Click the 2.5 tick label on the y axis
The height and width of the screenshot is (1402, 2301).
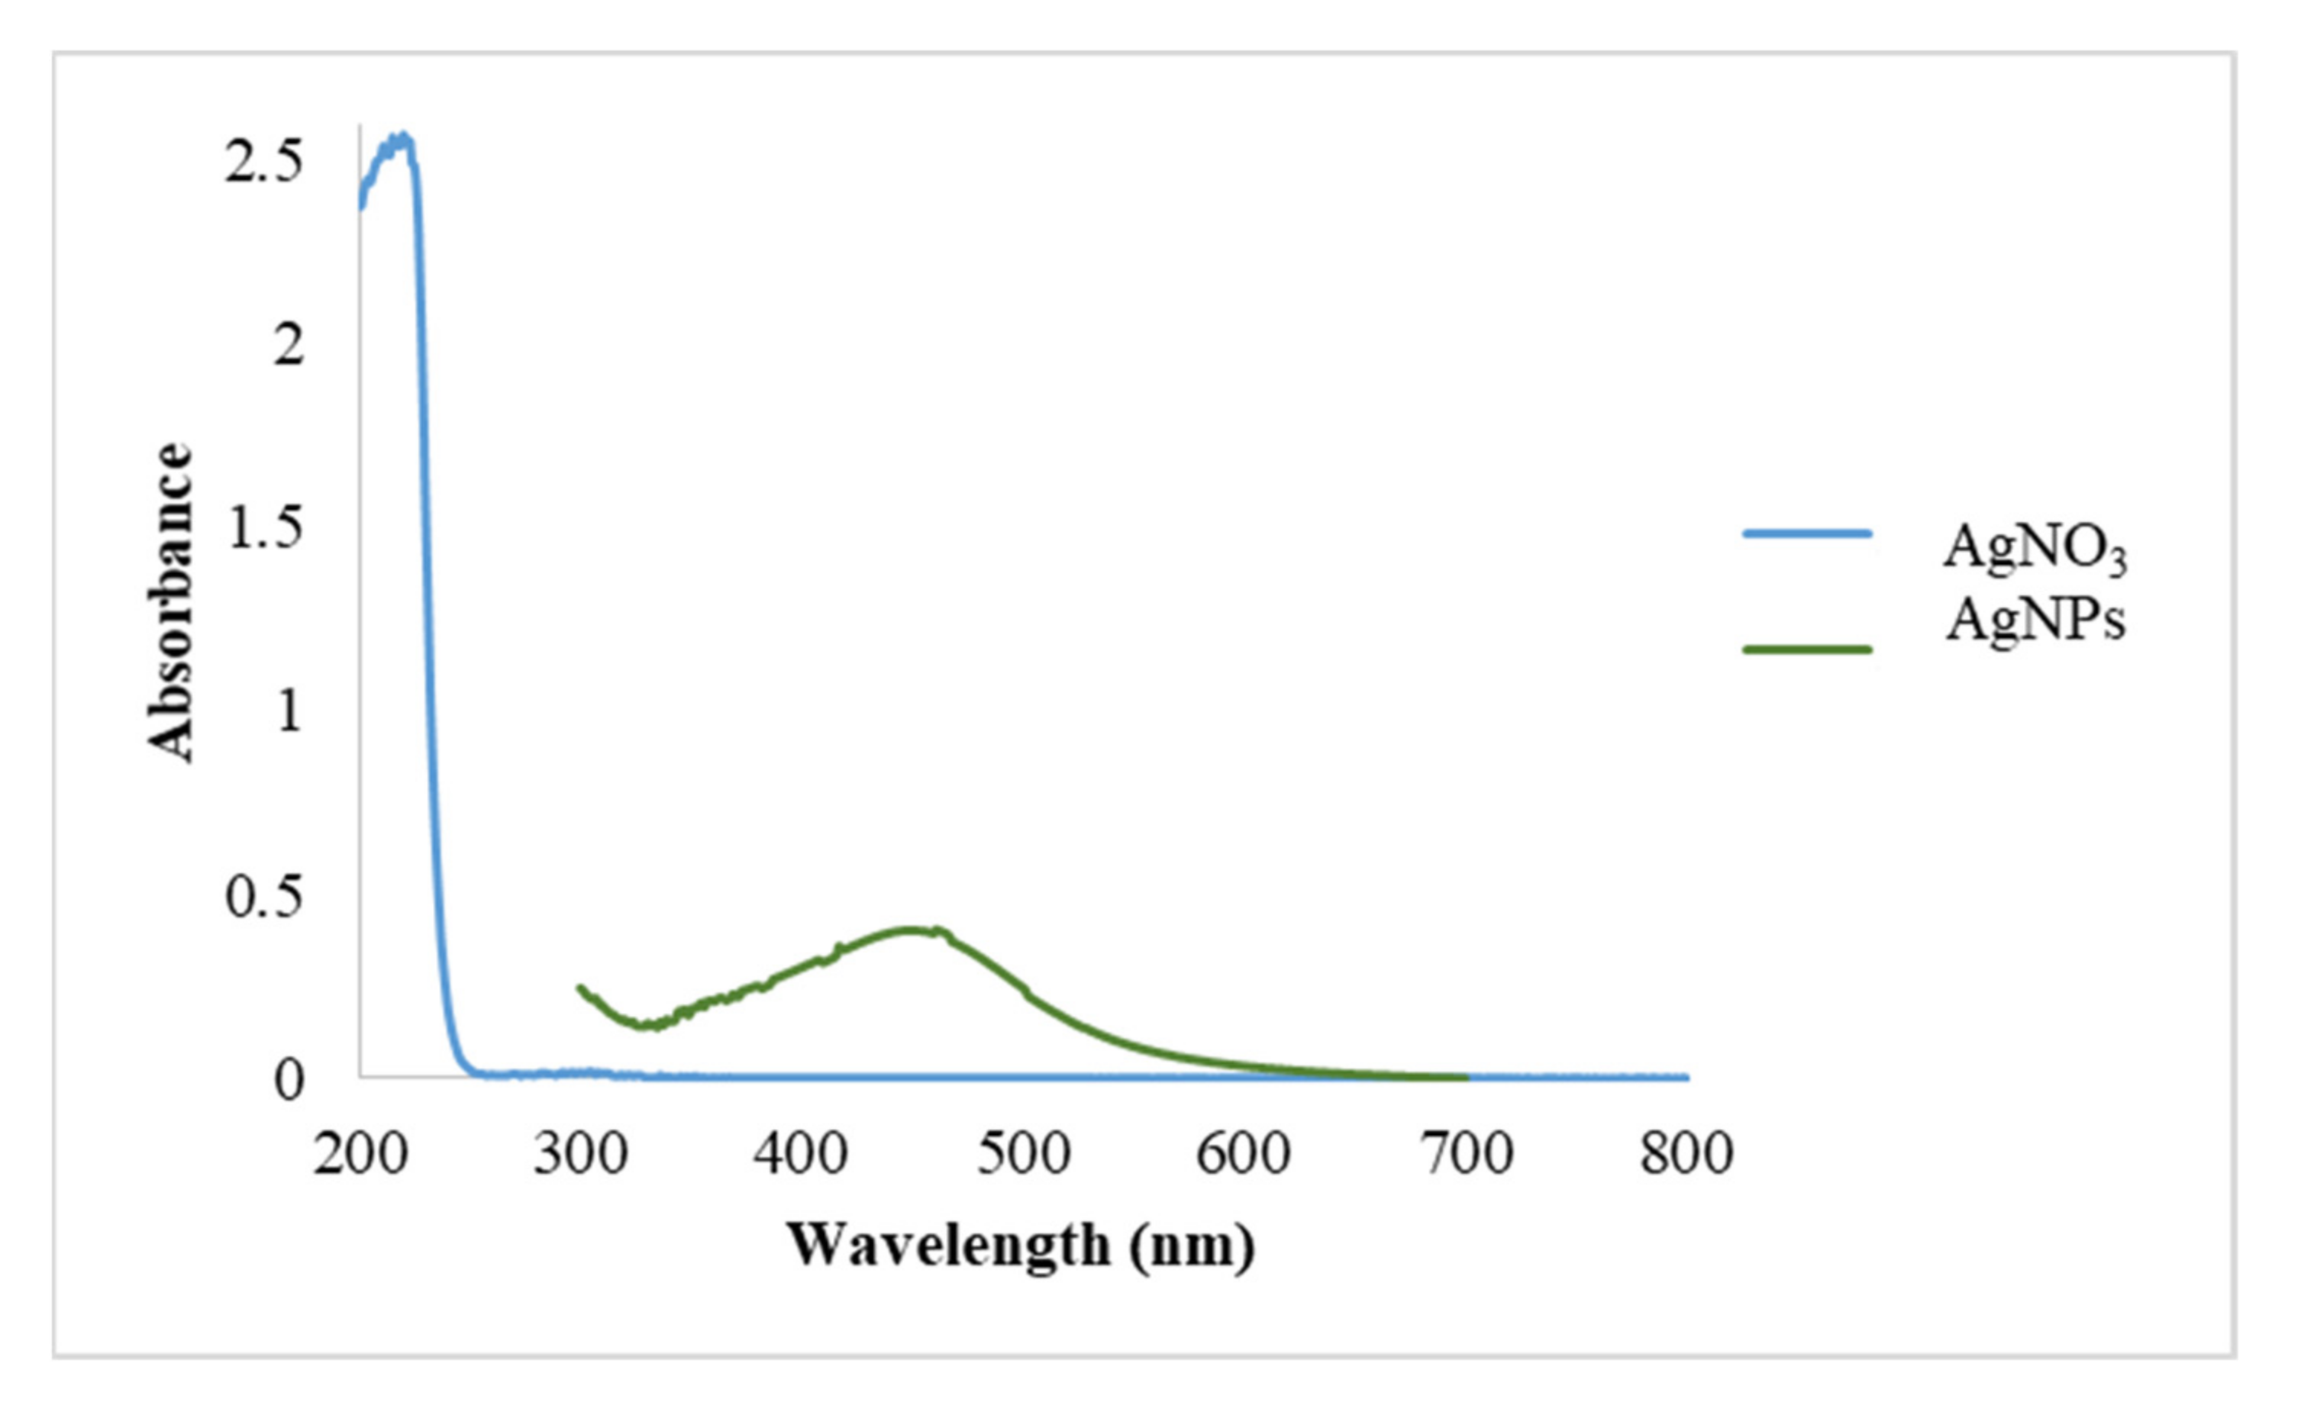pyautogui.click(x=264, y=163)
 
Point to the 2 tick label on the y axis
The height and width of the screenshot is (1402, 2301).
pyautogui.click(x=289, y=346)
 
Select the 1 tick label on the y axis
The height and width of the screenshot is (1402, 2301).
pyautogui.click(x=289, y=712)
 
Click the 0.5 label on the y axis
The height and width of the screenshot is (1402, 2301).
pyautogui.click(x=264, y=897)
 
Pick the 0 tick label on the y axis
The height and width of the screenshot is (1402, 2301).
pyautogui.click(x=289, y=1080)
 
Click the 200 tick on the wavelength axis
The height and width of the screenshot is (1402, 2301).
pyautogui.click(x=360, y=1155)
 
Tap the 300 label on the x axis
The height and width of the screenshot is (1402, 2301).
pyautogui.click(x=580, y=1155)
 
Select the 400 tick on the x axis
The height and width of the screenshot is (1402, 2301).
pyautogui.click(x=802, y=1155)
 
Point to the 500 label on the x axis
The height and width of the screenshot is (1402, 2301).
pyautogui.click(x=1022, y=1155)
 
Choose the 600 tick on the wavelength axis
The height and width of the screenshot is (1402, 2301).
pyautogui.click(x=1243, y=1155)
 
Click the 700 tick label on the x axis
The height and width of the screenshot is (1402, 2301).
pyautogui.click(x=1465, y=1155)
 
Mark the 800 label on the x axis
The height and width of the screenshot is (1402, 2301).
pyautogui.click(x=1686, y=1155)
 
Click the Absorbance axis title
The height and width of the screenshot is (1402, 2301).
pyautogui.click(x=171, y=602)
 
